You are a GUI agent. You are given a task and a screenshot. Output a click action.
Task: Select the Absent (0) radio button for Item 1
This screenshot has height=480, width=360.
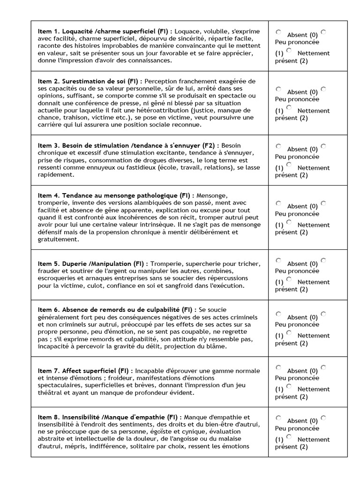(x=278, y=32)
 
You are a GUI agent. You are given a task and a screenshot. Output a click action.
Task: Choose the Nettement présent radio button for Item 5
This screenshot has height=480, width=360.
(x=289, y=279)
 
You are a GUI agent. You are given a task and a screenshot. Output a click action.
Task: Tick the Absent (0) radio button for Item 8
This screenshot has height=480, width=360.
(x=278, y=418)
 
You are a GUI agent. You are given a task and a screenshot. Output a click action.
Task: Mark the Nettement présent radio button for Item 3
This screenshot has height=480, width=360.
(x=289, y=165)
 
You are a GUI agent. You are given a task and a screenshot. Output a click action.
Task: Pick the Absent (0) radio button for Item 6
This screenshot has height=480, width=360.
(x=278, y=314)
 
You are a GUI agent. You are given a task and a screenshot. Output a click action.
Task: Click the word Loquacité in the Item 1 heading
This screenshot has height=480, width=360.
(x=76, y=31)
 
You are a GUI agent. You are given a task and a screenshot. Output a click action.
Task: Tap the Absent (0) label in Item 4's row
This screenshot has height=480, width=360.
(x=302, y=206)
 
